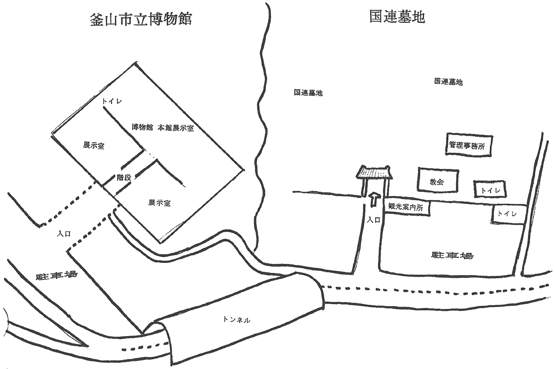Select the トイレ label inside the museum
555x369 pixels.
pyautogui.click(x=111, y=101)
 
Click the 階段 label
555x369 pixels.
pyautogui.click(x=124, y=178)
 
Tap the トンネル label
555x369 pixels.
pyautogui.click(x=236, y=320)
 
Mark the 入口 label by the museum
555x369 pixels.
pyautogui.click(x=63, y=235)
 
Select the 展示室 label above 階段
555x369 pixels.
pyautogui.click(x=94, y=146)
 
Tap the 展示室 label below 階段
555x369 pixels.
pyautogui.click(x=159, y=203)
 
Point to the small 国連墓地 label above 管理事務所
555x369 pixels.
pyautogui.click(x=448, y=82)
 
